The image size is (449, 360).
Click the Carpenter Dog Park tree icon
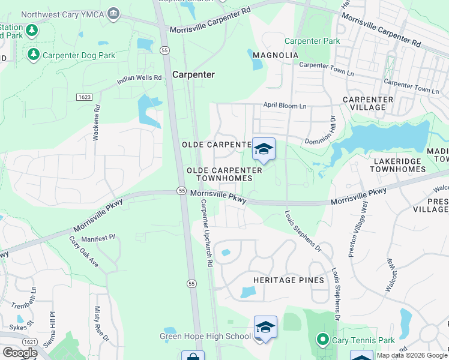(x=34, y=55)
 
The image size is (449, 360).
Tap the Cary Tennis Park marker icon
(x=322, y=340)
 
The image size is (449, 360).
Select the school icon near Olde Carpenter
(x=264, y=149)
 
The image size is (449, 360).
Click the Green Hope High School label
(x=205, y=336)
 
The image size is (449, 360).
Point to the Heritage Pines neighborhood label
(x=289, y=280)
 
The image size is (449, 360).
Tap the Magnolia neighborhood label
(x=276, y=55)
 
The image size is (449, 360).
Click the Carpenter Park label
(x=312, y=41)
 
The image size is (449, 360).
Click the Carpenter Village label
(x=368, y=103)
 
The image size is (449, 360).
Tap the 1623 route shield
(x=84, y=97)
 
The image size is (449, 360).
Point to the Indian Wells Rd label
(x=139, y=78)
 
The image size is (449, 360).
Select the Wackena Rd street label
(x=96, y=123)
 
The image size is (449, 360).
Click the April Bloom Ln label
(x=285, y=106)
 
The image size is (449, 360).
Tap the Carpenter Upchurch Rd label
(x=206, y=233)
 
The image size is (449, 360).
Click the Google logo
(x=20, y=353)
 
